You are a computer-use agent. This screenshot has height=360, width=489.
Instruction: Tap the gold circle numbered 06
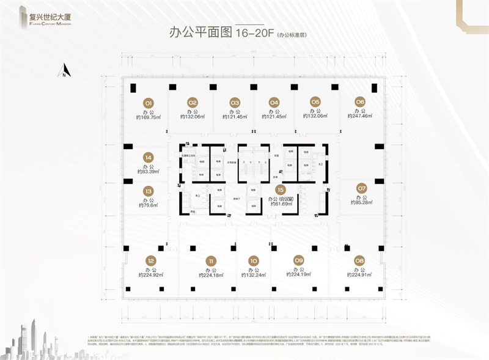point(360,101)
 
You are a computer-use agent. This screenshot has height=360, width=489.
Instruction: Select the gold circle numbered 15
point(280,190)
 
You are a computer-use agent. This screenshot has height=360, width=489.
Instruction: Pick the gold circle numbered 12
point(150,261)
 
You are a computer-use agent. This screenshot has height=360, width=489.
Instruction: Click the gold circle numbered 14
point(148,156)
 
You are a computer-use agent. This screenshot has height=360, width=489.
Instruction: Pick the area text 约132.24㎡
point(254,276)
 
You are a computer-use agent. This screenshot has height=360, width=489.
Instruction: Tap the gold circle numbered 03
point(235,102)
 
